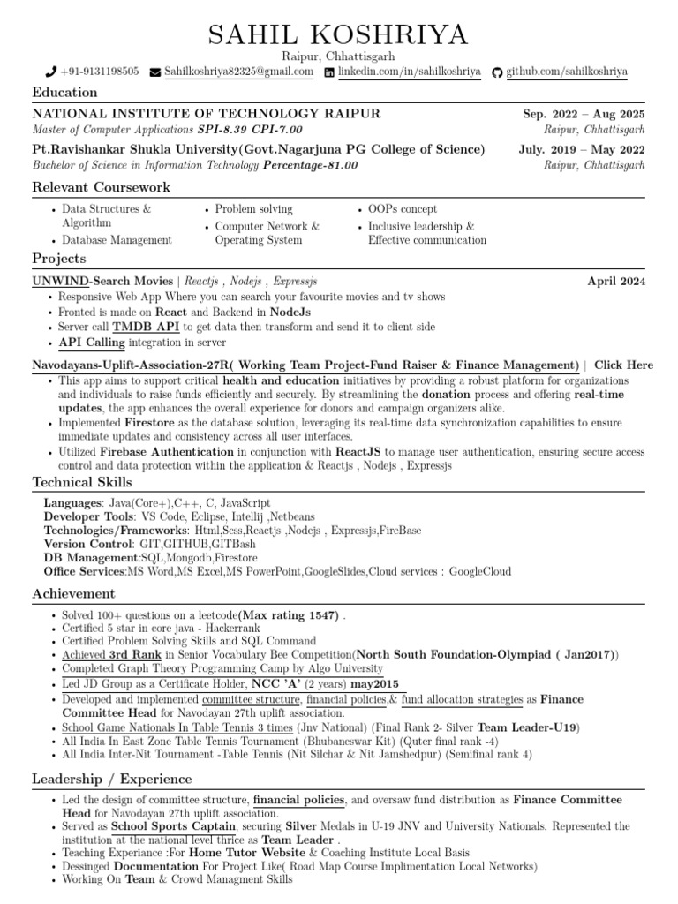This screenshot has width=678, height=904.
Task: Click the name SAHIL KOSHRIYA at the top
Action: pos(338,35)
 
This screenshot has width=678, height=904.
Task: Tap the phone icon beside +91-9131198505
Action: pos(51,72)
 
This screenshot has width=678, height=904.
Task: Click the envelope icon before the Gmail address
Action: pos(155,72)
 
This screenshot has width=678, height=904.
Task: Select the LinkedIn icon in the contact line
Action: pos(330,72)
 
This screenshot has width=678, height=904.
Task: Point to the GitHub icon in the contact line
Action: pos(496,72)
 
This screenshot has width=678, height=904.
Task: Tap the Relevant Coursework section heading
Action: pos(101,187)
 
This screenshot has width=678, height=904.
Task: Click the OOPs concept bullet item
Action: pos(403,209)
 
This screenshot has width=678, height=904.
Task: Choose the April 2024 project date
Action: pos(616,282)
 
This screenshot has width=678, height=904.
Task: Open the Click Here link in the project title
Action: pos(623,365)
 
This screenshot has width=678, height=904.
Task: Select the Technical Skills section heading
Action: pos(82,482)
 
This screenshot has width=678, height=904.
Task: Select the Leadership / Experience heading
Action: pos(111,779)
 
